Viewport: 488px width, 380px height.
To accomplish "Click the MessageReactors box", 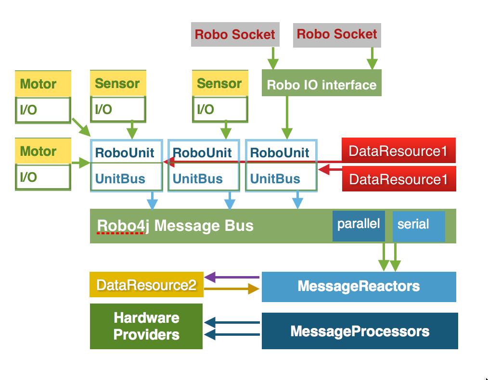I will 359,287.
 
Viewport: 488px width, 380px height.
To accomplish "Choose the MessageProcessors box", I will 360,331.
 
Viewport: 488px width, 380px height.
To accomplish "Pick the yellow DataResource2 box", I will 146,285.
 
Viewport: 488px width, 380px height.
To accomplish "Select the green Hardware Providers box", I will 146,326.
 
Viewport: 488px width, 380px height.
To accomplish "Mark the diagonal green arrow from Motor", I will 81,127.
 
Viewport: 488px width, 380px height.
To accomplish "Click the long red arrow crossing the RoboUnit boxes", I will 250,162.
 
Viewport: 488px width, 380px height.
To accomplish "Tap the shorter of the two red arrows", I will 330,169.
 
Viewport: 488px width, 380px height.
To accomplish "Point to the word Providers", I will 146,335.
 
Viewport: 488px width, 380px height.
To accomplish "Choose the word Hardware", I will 146,318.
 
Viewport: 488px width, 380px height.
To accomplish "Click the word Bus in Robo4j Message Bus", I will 240,226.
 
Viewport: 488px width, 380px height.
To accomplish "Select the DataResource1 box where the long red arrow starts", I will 398,151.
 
